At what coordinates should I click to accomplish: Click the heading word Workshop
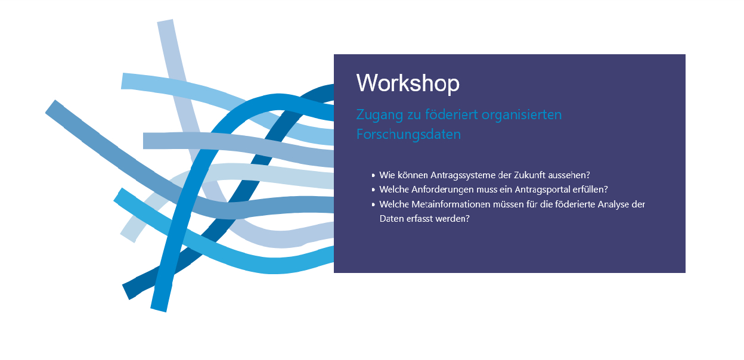point(408,83)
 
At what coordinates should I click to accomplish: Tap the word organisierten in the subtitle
point(522,114)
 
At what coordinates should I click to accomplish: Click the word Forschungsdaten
point(408,134)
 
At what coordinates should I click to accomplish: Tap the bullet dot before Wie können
point(373,175)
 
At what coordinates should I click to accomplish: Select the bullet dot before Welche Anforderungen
point(373,190)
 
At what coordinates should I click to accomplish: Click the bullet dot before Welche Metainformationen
point(373,204)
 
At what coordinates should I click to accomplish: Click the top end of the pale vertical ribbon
point(165,21)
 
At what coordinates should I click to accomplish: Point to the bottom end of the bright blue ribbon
point(159,309)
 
